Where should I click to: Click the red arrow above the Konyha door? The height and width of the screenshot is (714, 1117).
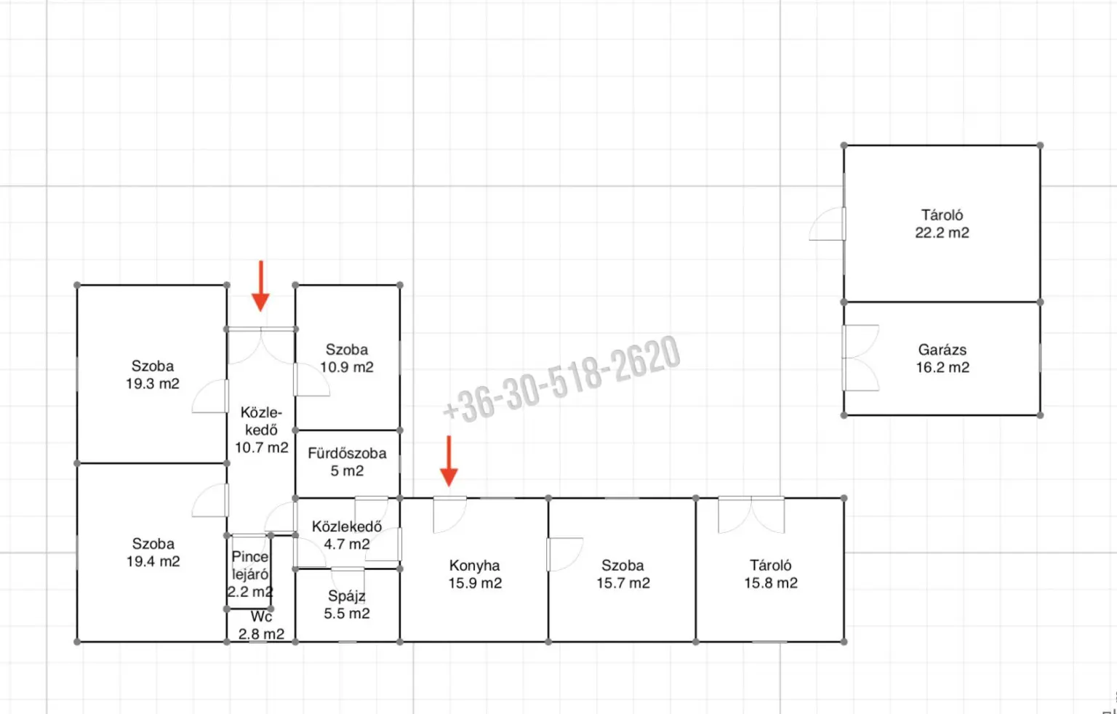point(449,461)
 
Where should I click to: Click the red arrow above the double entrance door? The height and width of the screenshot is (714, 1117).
point(260,286)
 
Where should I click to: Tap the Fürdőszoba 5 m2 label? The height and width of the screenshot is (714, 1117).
point(347,462)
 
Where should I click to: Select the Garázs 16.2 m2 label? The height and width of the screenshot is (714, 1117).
point(942,358)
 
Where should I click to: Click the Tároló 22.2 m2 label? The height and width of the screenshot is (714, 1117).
point(942,224)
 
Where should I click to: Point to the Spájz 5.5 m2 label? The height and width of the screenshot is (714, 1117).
point(347,604)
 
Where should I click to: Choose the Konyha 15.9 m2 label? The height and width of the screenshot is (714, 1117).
point(475,574)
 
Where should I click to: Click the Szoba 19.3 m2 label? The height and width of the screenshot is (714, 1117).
point(153,374)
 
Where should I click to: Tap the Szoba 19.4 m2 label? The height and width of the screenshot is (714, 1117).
point(153,553)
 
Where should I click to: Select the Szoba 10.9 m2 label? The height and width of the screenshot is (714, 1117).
point(347,358)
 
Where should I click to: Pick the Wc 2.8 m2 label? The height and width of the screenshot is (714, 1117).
point(261,625)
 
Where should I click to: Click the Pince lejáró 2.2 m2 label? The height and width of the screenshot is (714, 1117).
point(250,574)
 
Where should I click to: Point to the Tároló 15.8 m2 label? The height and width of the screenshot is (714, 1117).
point(771,574)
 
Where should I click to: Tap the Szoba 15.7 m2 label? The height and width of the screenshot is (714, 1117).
point(623,574)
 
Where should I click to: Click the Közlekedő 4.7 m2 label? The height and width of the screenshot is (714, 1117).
point(347,535)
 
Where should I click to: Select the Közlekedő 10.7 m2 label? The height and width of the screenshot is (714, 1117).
point(261,430)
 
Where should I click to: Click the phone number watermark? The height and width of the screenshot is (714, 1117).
point(561,380)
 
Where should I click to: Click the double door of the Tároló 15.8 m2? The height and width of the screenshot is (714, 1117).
point(751,515)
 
